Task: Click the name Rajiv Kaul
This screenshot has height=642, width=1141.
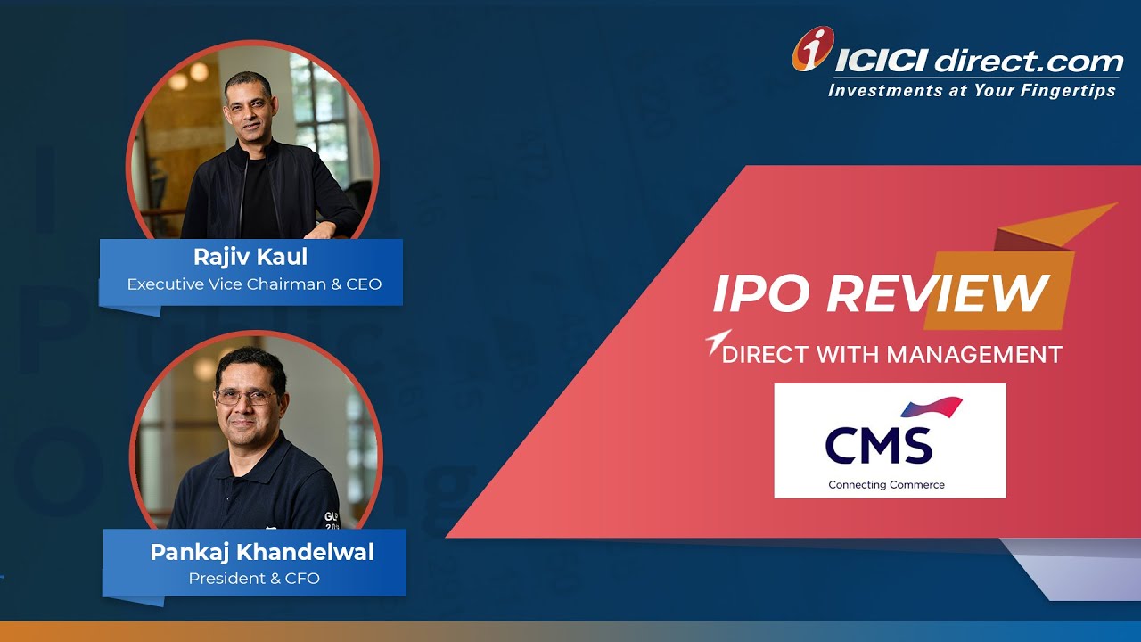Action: (250, 258)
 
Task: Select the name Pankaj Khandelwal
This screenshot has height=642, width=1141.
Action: (262, 552)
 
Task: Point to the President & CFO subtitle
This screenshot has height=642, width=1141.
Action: (254, 579)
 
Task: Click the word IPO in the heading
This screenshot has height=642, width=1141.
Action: (759, 292)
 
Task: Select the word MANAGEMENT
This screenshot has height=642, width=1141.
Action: (974, 355)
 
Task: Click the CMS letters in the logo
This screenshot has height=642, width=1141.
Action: (878, 445)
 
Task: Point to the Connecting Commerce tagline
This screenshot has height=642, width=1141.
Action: (886, 485)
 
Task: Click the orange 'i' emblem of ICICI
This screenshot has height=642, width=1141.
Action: (812, 49)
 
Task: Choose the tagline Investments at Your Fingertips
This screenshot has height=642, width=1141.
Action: (972, 90)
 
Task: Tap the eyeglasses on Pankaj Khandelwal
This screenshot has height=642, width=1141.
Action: (243, 398)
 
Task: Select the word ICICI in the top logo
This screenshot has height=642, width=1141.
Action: (882, 62)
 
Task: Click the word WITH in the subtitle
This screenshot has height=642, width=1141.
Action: (820, 355)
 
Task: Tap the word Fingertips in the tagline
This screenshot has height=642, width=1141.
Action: (1069, 90)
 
